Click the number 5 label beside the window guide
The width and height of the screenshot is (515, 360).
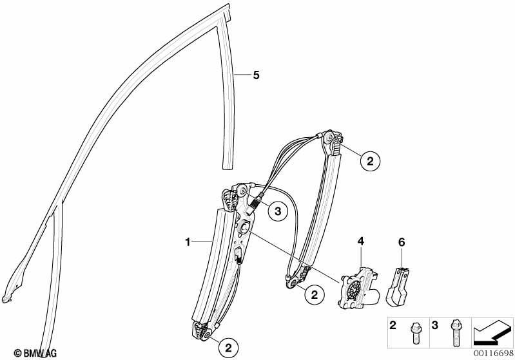[256, 75]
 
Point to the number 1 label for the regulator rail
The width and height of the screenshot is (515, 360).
[188, 243]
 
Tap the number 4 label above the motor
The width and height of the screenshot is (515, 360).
[361, 242]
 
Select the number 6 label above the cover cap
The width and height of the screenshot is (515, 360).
[402, 243]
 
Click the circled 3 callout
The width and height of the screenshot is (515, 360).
[278, 211]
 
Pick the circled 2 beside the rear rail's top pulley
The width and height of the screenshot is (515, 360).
[370, 161]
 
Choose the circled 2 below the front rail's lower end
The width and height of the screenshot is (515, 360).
[228, 347]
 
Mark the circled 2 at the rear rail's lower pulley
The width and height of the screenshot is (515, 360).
[315, 295]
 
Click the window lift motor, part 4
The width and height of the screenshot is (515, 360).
[359, 288]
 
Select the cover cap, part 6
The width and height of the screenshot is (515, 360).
[398, 287]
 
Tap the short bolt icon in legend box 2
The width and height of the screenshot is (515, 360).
[415, 333]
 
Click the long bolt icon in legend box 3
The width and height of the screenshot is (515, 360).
[456, 334]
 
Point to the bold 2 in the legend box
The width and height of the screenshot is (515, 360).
[393, 325]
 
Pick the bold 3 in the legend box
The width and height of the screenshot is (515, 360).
[434, 325]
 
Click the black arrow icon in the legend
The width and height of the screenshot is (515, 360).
[492, 332]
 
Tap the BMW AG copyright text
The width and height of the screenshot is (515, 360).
[35, 353]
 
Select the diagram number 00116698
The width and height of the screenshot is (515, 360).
[492, 353]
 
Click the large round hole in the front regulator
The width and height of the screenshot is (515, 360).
[244, 227]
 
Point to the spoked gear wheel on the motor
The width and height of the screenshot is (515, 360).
[354, 288]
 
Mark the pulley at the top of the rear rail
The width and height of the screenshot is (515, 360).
[329, 137]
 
